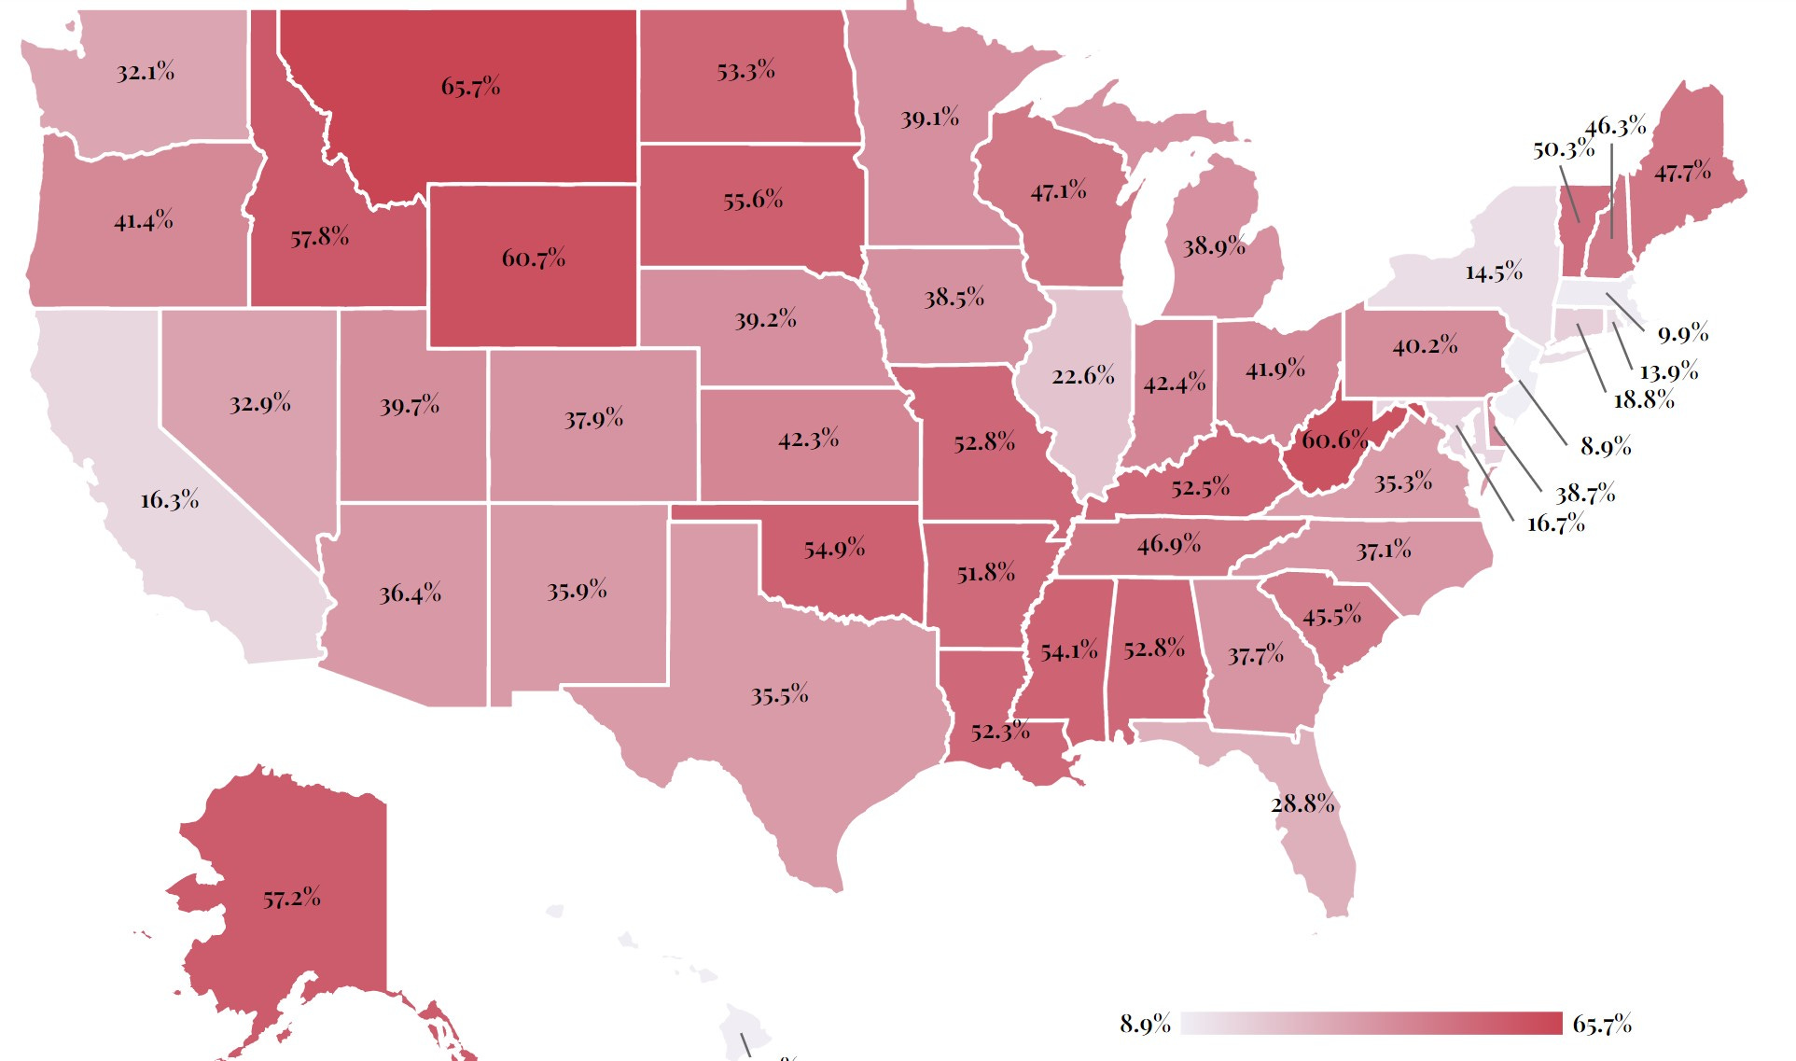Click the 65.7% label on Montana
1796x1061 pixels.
click(470, 88)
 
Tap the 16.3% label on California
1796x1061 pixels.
click(169, 500)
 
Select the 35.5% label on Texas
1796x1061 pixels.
click(779, 695)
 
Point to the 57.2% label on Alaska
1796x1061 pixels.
click(291, 899)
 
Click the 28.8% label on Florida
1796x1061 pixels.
click(1302, 803)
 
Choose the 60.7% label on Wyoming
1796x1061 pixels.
click(533, 258)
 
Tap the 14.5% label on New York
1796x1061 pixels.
click(1493, 272)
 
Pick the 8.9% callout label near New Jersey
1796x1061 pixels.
click(1605, 447)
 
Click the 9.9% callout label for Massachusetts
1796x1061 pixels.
click(1682, 333)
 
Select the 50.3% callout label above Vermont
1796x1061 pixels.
click(1563, 149)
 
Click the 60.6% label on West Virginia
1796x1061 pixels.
click(1334, 440)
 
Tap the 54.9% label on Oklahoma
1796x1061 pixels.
click(834, 549)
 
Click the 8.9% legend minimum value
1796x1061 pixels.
click(1145, 1025)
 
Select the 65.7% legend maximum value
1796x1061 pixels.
click(1601, 1025)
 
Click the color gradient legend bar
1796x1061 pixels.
click(1371, 1024)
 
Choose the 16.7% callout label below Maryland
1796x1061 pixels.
click(1555, 524)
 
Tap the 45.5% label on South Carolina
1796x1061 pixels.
click(1331, 617)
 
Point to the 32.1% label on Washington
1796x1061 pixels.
click(145, 73)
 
